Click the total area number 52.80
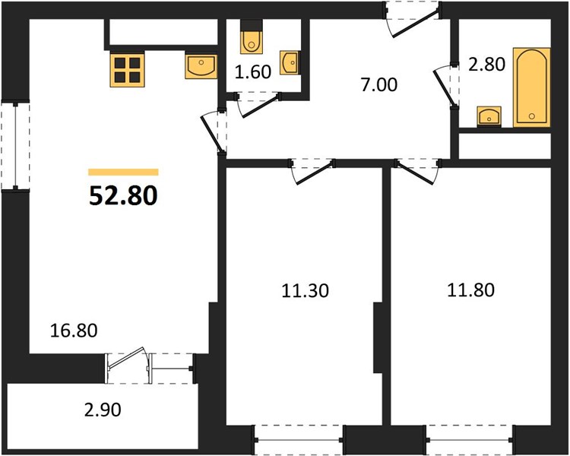pyautogui.click(x=123, y=195)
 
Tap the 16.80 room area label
pyautogui.click(x=74, y=331)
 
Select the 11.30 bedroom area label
pyautogui.click(x=306, y=291)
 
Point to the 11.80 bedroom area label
pyautogui.click(x=470, y=290)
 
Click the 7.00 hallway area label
pyautogui.click(x=379, y=84)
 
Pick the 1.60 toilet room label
pyautogui.click(x=253, y=71)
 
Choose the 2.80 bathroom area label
pyautogui.click(x=486, y=65)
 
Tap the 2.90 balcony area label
pyautogui.click(x=103, y=410)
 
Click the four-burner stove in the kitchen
pyautogui.click(x=127, y=69)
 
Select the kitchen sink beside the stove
pyautogui.click(x=201, y=66)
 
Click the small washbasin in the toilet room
pyautogui.click(x=290, y=63)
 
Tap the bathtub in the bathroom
pyautogui.click(x=531, y=87)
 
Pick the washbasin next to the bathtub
pyautogui.click(x=489, y=117)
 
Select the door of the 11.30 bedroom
pyautogui.click(x=312, y=171)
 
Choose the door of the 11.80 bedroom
pyautogui.click(x=417, y=171)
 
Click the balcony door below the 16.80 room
pyautogui.click(x=128, y=363)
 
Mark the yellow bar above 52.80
pyautogui.click(x=123, y=172)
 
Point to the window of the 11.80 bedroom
pyautogui.click(x=470, y=440)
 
